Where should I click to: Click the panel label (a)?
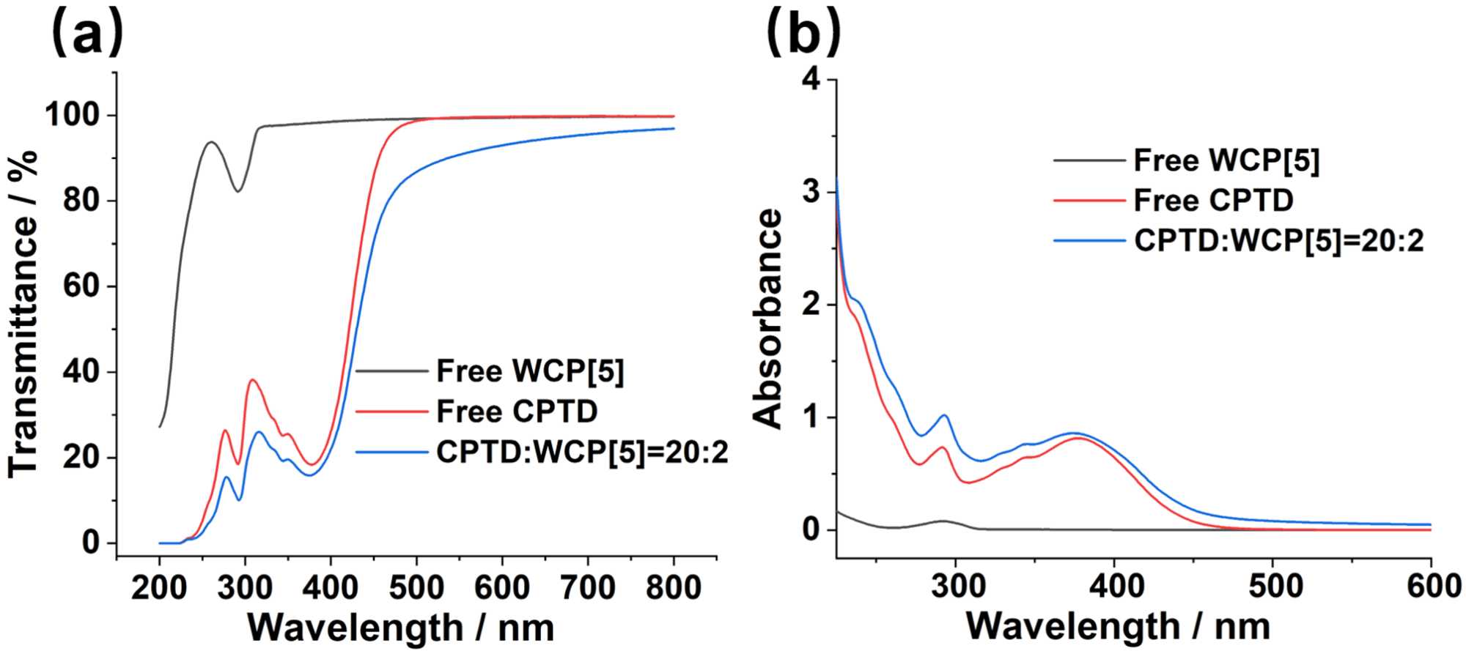(x=87, y=33)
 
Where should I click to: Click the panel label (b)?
(x=803, y=33)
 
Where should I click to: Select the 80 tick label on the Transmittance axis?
(x=81, y=201)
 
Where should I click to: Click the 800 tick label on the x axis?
(x=673, y=587)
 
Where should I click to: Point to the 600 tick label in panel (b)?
(x=1429, y=587)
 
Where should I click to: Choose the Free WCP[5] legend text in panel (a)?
(x=530, y=371)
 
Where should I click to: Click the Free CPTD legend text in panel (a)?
(x=517, y=412)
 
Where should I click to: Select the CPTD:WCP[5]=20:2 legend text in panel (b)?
(x=1279, y=240)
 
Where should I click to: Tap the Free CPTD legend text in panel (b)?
(x=1214, y=200)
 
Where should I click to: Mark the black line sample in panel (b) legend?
(x=1089, y=160)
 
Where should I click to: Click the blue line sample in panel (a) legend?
(x=391, y=453)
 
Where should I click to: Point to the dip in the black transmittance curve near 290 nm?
(x=238, y=191)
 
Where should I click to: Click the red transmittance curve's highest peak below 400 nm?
(x=253, y=379)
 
